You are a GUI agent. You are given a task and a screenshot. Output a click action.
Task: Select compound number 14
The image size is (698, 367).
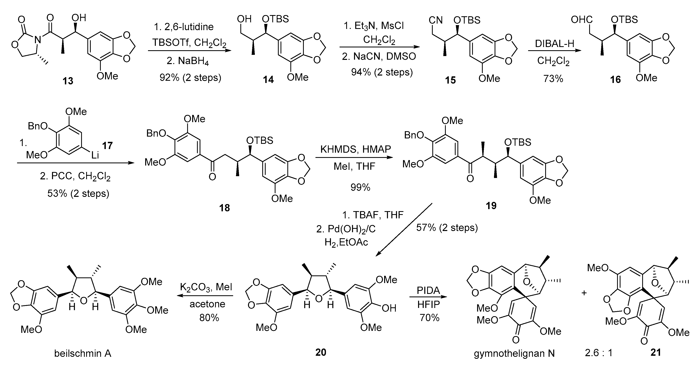coord(268,80)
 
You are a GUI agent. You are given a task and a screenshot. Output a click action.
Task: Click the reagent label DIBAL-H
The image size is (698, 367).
coord(554,44)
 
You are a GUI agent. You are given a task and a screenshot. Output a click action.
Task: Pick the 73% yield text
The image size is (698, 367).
coord(553,79)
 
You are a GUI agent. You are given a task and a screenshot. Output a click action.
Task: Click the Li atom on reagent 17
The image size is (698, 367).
coord(95,155)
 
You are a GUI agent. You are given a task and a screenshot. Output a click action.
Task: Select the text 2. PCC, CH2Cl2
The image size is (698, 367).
coord(75,176)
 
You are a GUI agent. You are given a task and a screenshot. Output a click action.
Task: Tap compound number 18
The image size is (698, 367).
coord(224,208)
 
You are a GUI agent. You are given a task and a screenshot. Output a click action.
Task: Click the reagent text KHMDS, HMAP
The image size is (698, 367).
coord(355,149)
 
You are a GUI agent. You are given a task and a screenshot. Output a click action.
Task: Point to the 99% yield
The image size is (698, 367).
coord(360,187)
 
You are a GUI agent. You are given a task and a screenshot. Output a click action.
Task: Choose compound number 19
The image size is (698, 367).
coord(491,206)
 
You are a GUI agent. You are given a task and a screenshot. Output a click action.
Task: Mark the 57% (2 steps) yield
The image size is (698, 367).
coord(447,227)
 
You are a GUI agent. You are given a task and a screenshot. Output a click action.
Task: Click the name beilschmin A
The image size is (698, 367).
coord(83,354)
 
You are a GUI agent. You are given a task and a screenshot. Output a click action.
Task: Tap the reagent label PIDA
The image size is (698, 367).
coord(428,290)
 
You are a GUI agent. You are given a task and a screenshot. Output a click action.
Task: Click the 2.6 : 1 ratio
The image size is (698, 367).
coord(599,353)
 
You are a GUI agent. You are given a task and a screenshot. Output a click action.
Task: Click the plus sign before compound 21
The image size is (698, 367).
coord(584,293)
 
